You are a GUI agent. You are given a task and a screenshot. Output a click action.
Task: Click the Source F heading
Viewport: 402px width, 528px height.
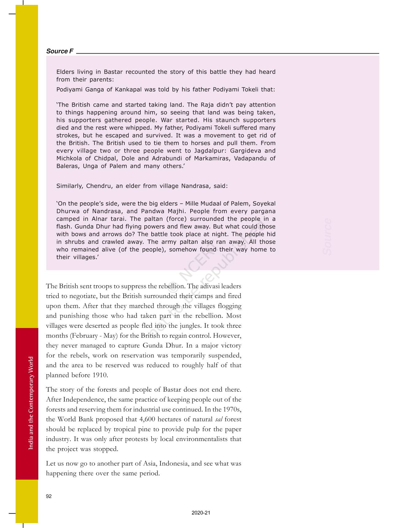60,51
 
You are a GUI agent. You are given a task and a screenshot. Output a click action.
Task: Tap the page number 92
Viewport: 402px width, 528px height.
49,496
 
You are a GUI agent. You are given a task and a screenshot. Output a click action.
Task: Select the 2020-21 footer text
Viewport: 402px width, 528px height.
201,513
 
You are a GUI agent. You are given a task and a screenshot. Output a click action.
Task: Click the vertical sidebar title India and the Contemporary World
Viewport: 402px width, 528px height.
31,403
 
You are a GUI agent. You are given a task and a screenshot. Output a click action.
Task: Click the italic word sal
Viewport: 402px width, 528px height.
218,419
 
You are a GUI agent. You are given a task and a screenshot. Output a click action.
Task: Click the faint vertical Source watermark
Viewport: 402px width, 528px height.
327,236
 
